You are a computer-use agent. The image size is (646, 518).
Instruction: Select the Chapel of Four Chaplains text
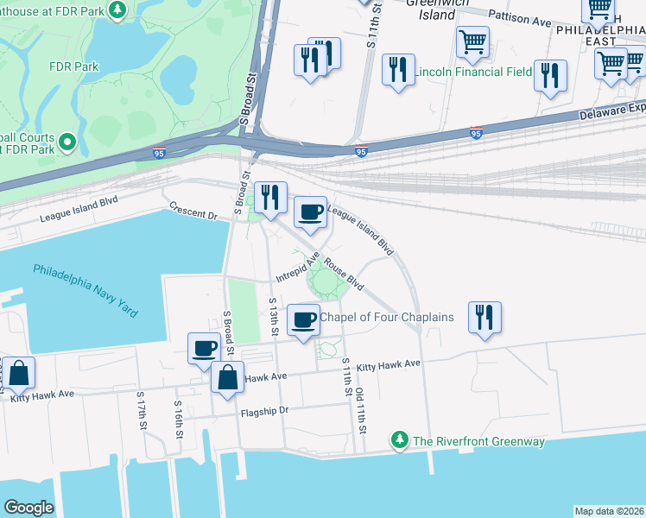click(387, 317)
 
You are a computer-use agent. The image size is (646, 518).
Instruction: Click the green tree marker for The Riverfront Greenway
click(400, 441)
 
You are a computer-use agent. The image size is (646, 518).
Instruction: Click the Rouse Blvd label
click(344, 275)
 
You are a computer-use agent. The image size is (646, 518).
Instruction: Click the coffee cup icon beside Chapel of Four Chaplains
click(303, 320)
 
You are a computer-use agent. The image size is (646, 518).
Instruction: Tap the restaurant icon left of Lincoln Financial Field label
click(396, 71)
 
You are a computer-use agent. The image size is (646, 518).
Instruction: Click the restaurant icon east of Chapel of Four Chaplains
click(484, 317)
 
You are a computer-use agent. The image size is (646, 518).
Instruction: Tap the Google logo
click(28, 508)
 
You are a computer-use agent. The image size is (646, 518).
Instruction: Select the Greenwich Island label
click(431, 9)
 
